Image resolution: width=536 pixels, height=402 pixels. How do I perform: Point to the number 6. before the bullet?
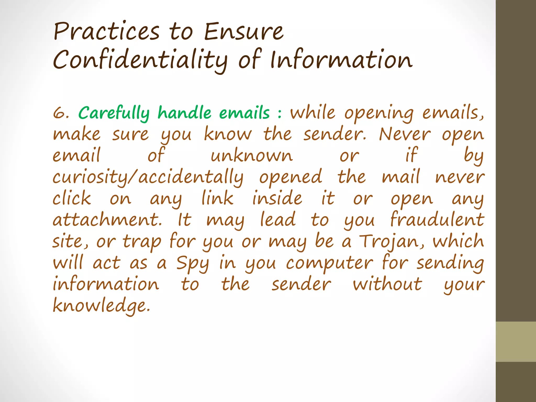[61, 113]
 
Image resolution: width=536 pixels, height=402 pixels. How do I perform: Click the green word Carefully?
[114, 114]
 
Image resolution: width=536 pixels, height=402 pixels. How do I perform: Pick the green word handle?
[184, 113]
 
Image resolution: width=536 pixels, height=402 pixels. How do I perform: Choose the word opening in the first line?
[379, 114]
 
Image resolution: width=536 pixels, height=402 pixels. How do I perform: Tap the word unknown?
[252, 156]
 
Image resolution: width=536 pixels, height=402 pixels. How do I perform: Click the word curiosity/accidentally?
[148, 177]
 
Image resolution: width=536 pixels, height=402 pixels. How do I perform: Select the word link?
[217, 198]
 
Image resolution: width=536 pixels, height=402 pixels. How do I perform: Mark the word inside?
[277, 198]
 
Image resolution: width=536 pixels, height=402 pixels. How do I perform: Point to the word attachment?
[107, 220]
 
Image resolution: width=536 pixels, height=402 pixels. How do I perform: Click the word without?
[387, 284]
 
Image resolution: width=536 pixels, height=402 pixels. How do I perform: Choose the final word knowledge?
[102, 306]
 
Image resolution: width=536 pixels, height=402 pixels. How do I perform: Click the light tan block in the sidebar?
[516, 342]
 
